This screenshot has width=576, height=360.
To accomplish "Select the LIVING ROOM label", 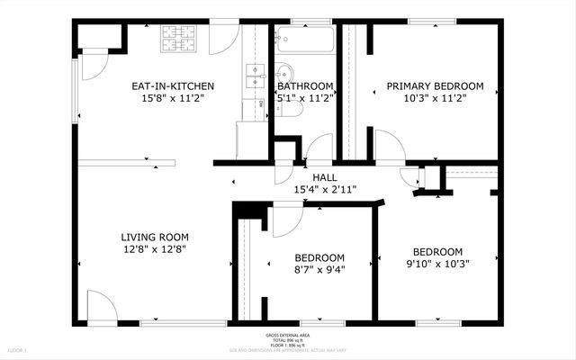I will point(155,238).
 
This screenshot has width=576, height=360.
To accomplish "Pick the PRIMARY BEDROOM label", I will point(435,86).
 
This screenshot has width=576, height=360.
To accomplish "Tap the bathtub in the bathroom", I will point(304,40).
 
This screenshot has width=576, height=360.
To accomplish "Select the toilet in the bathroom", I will point(290,108).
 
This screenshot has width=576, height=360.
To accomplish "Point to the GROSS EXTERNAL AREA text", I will point(287,335).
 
